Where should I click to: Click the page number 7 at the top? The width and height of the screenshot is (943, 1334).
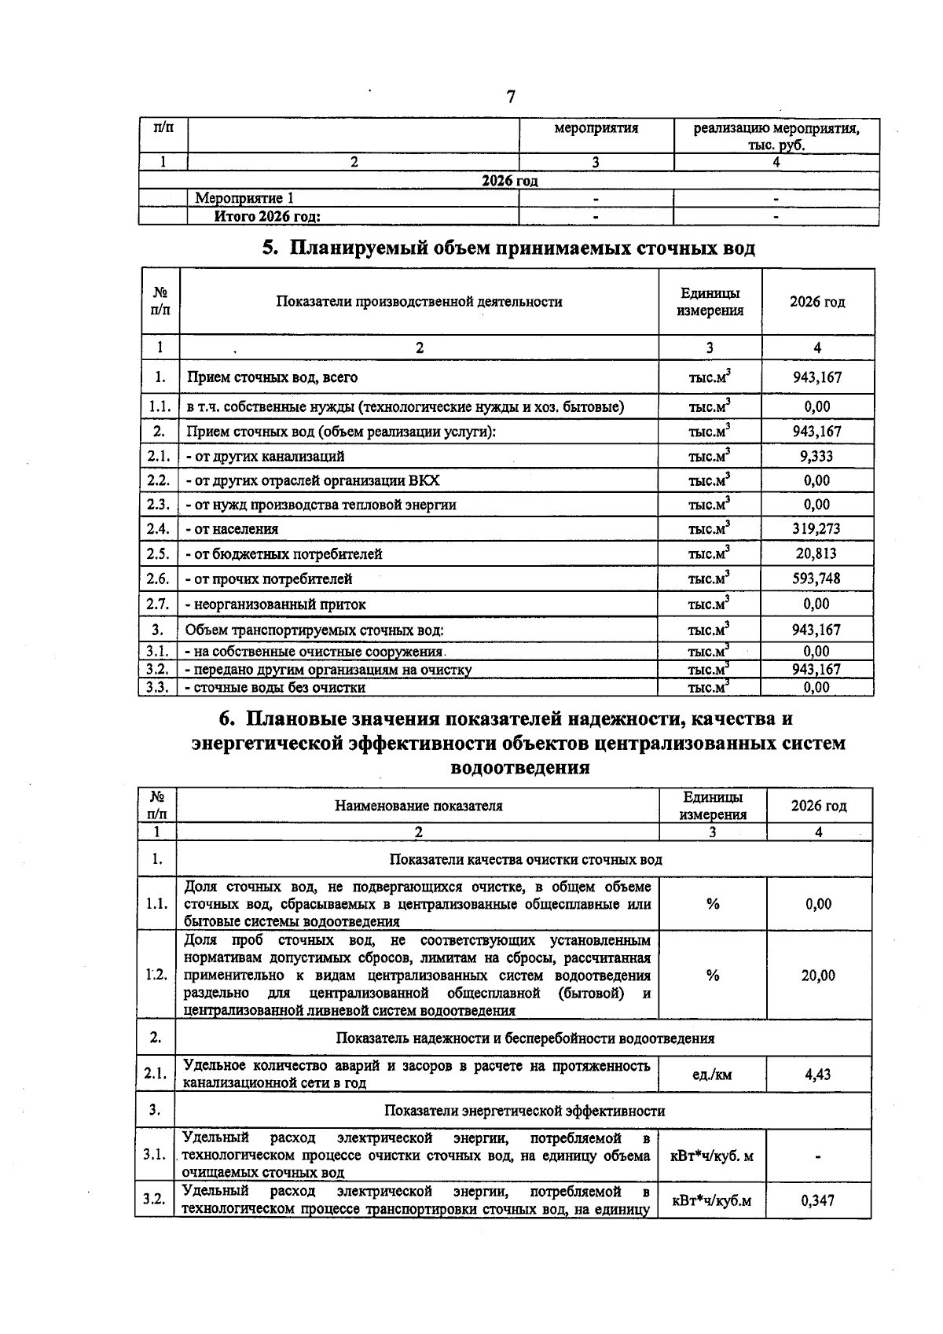point(510,97)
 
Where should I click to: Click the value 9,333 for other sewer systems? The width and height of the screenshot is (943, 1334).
point(816,456)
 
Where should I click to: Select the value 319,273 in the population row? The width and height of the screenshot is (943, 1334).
point(816,529)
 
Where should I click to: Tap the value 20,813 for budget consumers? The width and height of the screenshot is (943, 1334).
point(816,553)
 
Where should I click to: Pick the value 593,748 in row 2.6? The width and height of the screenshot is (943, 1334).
point(816,579)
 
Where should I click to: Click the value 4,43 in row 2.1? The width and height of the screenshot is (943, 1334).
point(818,1074)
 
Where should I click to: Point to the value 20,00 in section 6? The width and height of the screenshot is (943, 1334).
point(818,976)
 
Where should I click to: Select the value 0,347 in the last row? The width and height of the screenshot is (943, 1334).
point(818,1200)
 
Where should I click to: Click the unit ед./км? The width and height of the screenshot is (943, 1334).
point(712,1074)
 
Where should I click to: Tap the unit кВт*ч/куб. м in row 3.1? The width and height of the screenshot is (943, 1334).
point(712,1156)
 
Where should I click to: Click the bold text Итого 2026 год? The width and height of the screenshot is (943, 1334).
point(268,217)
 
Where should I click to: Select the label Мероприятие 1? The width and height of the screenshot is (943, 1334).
point(244,199)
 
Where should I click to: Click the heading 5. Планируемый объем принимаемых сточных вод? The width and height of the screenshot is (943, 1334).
point(508,248)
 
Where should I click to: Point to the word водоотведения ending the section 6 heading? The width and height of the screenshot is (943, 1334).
point(520,767)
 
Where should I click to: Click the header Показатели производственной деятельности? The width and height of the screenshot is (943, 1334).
point(419,302)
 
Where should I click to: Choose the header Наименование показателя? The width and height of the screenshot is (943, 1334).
point(418,806)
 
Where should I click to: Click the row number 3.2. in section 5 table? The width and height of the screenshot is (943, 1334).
point(158,670)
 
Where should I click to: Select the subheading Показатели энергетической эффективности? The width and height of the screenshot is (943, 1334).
point(524,1111)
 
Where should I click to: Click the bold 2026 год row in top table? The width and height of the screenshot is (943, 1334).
point(509,181)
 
